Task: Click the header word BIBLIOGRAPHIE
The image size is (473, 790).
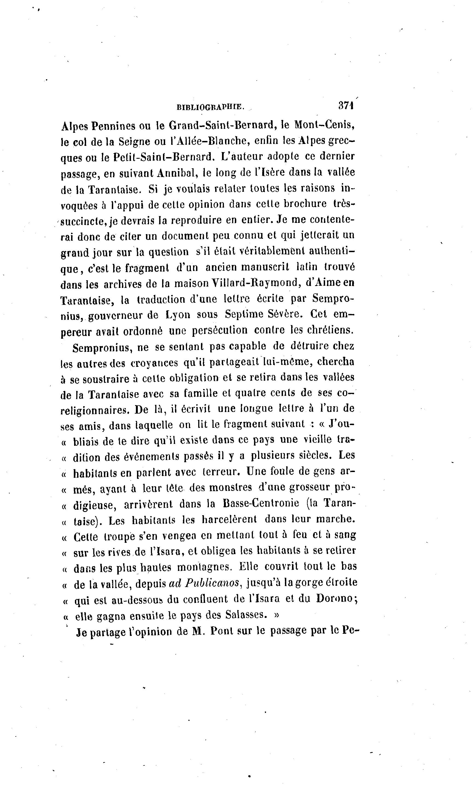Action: coord(210,107)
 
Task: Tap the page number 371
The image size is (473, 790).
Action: coord(346,106)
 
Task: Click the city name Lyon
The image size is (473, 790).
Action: coord(178,315)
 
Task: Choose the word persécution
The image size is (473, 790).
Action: coord(220,330)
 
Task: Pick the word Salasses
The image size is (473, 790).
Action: coord(244,615)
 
